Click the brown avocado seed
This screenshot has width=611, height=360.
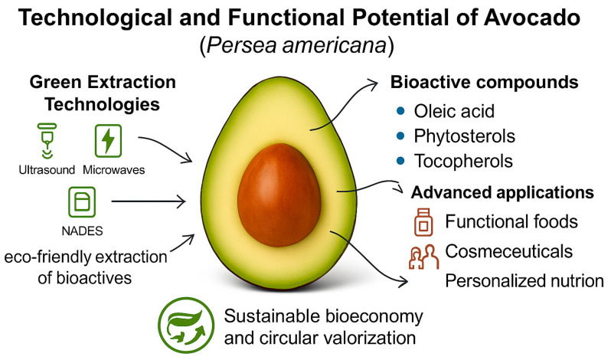[x=279, y=195]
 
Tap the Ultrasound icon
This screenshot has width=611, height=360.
[x=47, y=141]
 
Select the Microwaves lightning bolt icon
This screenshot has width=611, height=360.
[x=108, y=141]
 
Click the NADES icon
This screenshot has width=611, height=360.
[x=82, y=201]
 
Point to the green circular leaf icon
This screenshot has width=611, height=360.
[x=186, y=325]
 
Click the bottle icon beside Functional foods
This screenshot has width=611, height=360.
[x=423, y=222]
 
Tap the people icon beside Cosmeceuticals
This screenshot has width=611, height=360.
[x=423, y=257]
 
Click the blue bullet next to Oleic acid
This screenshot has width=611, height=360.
[x=400, y=111]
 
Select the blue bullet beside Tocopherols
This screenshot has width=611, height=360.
[x=400, y=161]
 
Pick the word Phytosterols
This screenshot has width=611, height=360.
[x=465, y=136]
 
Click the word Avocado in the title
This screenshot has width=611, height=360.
[x=532, y=18]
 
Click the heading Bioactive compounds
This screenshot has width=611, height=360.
[x=485, y=82]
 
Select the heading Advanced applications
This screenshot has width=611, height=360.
[x=502, y=192]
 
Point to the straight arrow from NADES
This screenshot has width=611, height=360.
[x=149, y=201]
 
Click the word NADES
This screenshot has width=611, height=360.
[x=82, y=231]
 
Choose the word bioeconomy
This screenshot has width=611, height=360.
[x=374, y=317]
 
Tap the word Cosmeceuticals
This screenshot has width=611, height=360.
[x=509, y=251]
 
